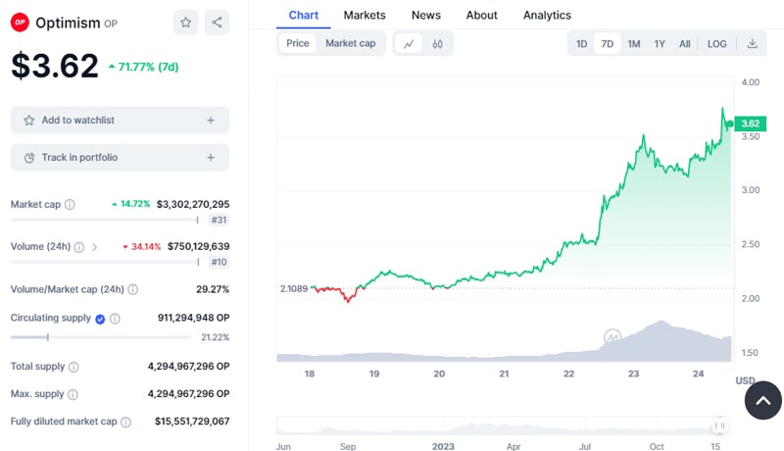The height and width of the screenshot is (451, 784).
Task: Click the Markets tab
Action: coord(364,15)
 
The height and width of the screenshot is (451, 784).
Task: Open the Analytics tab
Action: coord(547,15)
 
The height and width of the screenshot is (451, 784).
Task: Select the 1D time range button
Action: coord(581,43)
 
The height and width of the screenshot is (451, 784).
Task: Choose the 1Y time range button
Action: coord(660,43)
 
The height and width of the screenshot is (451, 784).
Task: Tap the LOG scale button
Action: coord(716,43)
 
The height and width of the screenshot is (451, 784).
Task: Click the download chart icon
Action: coord(752,43)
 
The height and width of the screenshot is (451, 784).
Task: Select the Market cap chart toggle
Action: coord(350,43)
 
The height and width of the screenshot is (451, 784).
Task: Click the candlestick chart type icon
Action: coord(437,43)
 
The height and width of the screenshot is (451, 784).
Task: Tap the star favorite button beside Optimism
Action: coord(185,22)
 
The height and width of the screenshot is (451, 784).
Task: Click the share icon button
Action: coord(217,22)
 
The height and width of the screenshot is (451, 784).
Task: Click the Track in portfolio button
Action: coord(120,157)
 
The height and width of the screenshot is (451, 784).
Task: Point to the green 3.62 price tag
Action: coord(750,124)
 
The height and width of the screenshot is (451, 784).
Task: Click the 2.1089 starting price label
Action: coord(293,288)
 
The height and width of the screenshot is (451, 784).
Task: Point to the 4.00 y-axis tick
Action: coord(750,82)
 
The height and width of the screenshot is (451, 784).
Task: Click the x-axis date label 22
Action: coord(568,374)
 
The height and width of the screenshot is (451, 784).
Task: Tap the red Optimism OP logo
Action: coord(20,23)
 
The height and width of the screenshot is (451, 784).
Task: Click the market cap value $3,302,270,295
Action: coord(192,204)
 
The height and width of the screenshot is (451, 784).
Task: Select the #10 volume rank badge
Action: coord(219,262)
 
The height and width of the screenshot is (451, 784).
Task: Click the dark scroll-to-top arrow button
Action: coord(763,400)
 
